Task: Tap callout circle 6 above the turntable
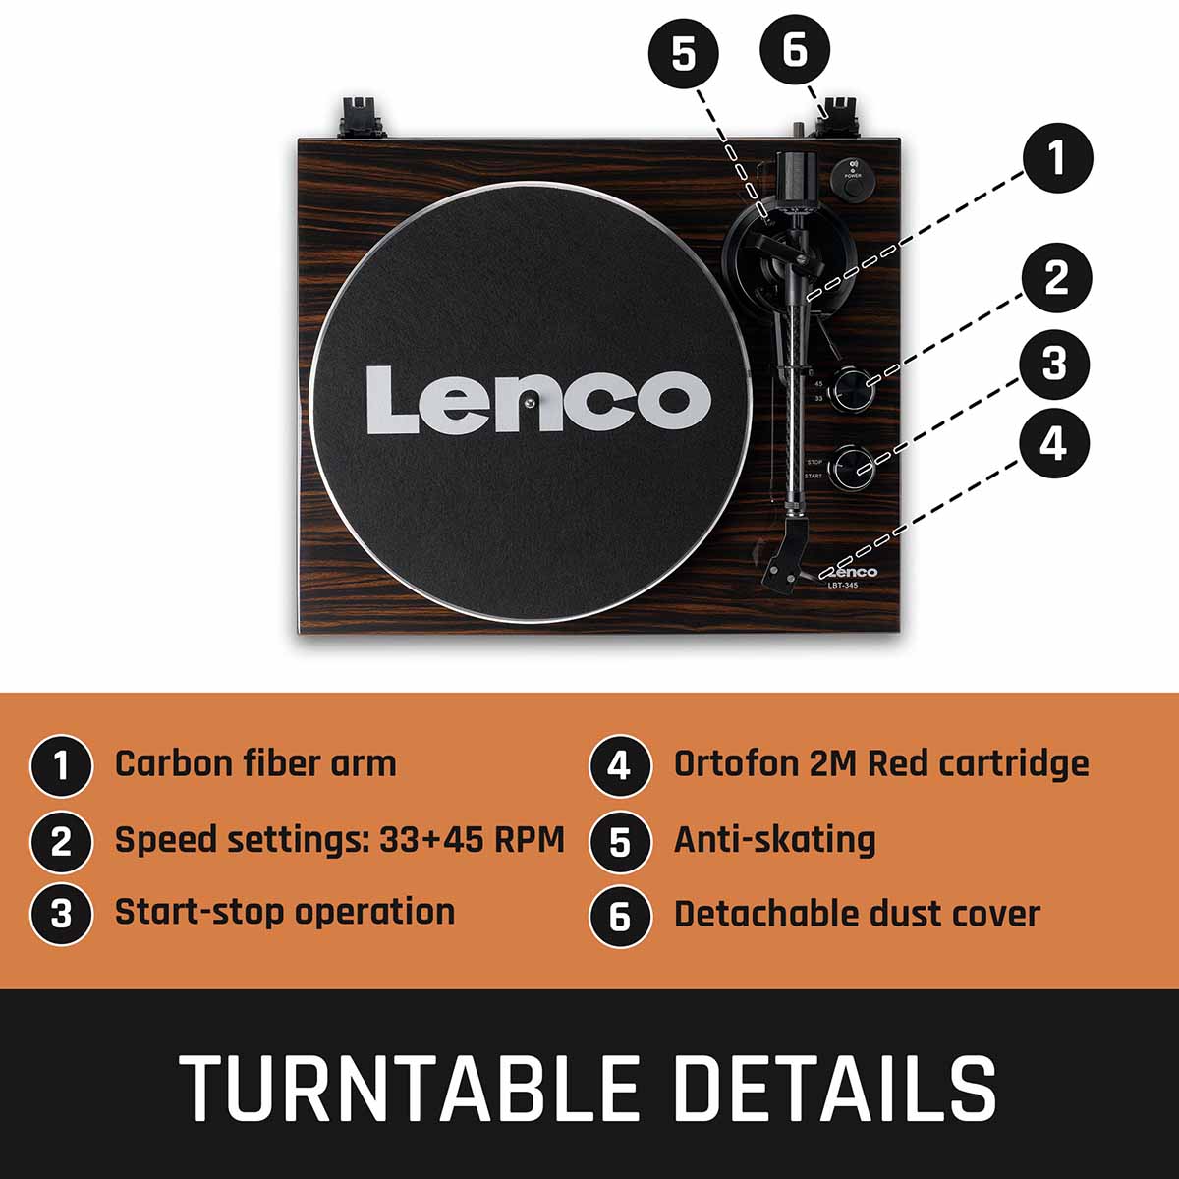point(795,49)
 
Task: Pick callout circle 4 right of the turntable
point(1054,443)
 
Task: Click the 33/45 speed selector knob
point(852,389)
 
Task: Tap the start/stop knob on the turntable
point(852,468)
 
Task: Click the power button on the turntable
point(852,189)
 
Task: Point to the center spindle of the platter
point(529,401)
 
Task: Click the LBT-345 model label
point(842,586)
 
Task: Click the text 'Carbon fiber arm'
point(255,764)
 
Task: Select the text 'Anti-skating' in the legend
point(774,840)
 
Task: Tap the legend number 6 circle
point(619,916)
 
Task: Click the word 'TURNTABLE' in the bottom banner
point(409,1090)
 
